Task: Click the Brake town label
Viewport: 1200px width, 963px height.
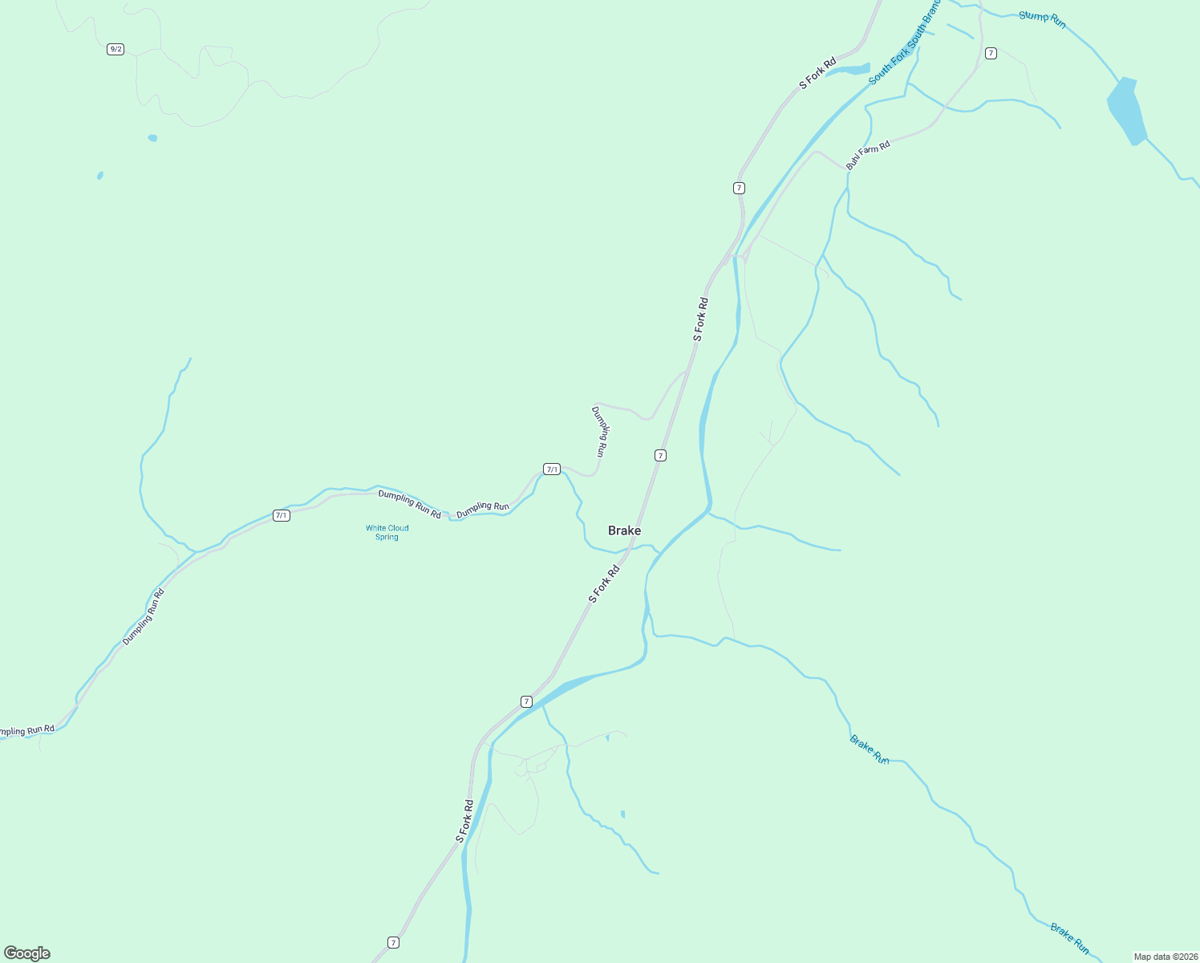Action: click(624, 530)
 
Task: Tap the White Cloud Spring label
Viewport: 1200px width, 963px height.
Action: click(387, 532)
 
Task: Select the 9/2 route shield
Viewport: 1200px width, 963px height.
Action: click(116, 49)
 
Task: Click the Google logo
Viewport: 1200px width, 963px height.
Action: click(27, 953)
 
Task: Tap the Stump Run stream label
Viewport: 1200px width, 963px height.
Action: click(1042, 19)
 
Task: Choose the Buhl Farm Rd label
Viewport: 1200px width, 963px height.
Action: click(868, 154)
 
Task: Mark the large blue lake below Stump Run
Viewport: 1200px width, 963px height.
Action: click(1127, 110)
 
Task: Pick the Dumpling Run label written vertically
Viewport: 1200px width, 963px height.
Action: click(600, 431)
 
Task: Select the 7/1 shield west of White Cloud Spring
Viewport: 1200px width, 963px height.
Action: click(281, 515)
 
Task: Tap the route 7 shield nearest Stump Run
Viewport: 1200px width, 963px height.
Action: click(991, 53)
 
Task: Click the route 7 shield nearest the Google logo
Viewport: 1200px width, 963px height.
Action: click(393, 942)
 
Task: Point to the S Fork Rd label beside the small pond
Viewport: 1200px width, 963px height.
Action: click(817, 73)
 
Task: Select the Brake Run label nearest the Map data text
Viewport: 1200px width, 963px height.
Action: click(1070, 938)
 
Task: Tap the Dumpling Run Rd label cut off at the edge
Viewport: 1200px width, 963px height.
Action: click(26, 730)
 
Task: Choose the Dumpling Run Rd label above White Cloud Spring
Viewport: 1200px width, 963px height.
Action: click(409, 504)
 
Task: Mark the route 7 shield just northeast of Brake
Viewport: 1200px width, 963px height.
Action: click(660, 455)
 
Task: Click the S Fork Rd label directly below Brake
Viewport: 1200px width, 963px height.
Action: click(604, 583)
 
